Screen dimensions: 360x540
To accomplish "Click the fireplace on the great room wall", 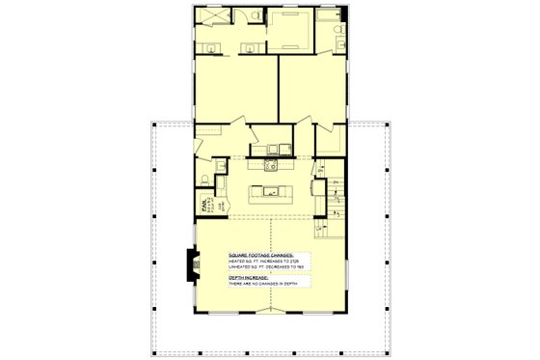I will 192,262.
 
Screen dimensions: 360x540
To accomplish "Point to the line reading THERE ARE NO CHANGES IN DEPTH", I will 263,285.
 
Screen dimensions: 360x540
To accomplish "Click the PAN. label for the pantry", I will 203,205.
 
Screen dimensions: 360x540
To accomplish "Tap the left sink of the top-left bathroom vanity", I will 214,48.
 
